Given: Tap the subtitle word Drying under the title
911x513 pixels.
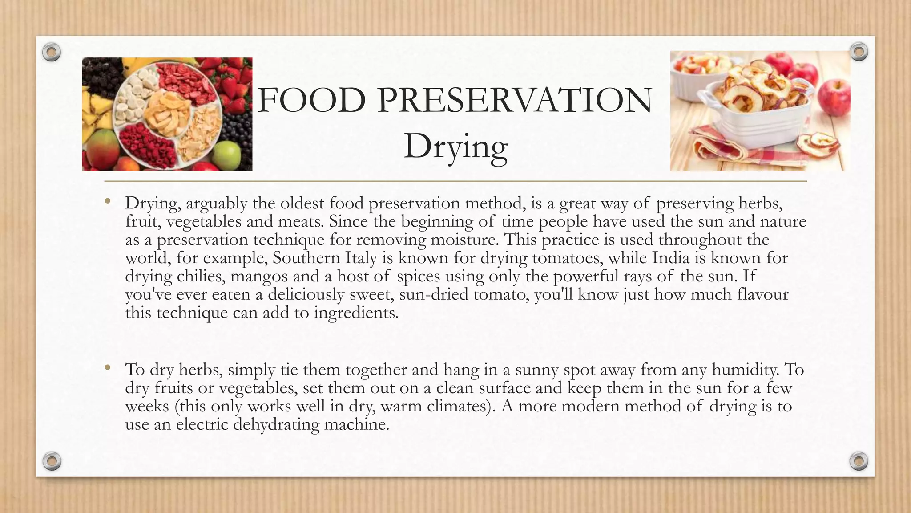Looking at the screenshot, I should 455,147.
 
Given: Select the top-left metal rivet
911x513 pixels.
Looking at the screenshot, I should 52,53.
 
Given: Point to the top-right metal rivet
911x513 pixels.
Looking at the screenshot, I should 859,52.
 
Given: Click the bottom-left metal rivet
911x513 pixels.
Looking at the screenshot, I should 52,460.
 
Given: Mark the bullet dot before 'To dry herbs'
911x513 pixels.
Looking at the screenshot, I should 107,368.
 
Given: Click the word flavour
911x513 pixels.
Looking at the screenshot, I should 762,294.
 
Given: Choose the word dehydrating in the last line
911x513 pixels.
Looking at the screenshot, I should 276,424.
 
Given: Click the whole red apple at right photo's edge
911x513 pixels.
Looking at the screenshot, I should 834,96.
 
